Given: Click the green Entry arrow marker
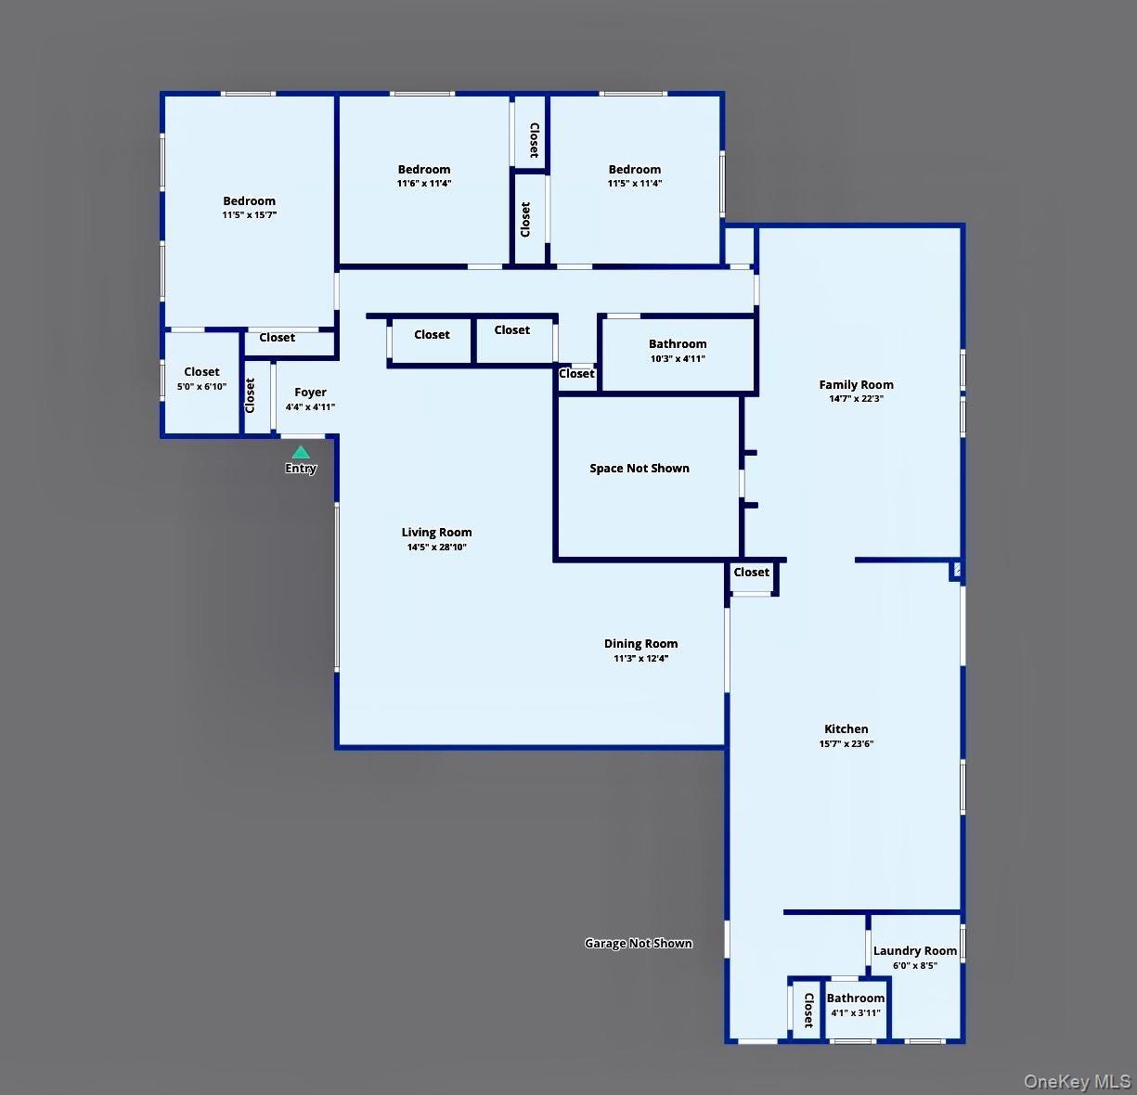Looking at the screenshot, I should click(x=300, y=453).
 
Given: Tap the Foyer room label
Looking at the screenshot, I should click(x=310, y=393).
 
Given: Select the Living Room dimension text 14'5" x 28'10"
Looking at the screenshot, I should click(x=436, y=547).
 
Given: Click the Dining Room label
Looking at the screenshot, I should click(x=640, y=643).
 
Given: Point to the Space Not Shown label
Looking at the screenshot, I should click(x=640, y=469).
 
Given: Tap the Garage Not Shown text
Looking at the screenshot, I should click(x=639, y=944).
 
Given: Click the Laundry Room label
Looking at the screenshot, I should click(x=914, y=951).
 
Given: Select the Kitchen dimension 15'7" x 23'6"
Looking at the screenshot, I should click(x=846, y=743).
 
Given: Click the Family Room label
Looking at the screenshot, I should click(x=856, y=384).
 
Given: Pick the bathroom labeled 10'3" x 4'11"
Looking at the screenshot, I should click(x=678, y=351).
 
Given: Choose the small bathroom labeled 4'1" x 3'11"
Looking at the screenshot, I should click(x=856, y=1005).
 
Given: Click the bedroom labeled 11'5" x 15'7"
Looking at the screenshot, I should click(x=249, y=207).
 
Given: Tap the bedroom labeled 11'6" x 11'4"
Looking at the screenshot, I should click(x=424, y=175).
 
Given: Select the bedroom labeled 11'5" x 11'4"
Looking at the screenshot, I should click(x=635, y=175).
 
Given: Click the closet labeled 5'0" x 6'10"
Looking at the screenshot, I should click(x=201, y=379).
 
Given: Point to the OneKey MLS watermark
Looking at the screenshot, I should click(x=1077, y=1081).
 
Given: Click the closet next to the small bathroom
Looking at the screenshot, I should click(x=808, y=1010).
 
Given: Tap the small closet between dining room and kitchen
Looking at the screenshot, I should click(x=752, y=573).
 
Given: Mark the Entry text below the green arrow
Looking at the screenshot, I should click(x=301, y=469).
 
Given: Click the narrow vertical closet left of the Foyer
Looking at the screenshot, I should click(x=250, y=396).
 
